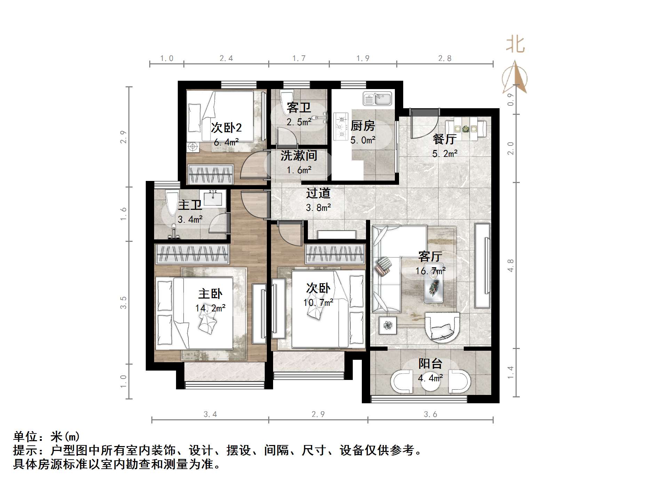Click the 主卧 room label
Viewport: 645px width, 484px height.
coord(210,294)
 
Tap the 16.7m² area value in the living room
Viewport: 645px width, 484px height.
coord(430,271)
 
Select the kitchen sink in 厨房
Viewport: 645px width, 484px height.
coord(377,99)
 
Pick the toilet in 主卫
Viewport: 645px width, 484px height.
coord(171,203)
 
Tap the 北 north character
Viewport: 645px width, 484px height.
coord(515,45)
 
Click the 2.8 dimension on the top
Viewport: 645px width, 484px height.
coord(445,58)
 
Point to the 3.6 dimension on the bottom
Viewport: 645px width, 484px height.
coord(430,414)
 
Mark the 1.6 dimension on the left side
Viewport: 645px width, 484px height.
coord(124,214)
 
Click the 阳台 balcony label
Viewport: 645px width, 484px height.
coord(430,364)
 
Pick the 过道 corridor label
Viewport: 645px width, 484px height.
coord(318,193)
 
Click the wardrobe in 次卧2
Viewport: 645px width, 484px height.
coord(210,174)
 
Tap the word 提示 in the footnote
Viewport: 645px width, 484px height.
coord(25,451)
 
